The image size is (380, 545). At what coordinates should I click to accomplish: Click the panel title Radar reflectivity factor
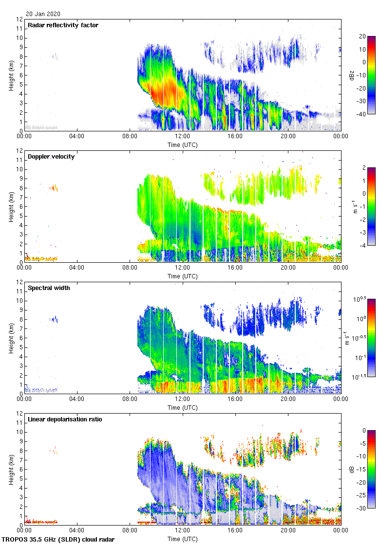pyautogui.click(x=63, y=25)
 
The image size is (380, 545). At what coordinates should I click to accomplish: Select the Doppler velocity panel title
pyautogui.click(x=51, y=157)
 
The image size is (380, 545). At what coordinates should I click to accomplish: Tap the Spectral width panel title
pyautogui.click(x=49, y=288)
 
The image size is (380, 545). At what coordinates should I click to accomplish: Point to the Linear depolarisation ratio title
pyautogui.click(x=65, y=419)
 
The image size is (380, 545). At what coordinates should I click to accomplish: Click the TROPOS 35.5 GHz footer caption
pyautogui.click(x=58, y=540)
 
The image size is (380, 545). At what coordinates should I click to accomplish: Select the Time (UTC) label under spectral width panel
pyautogui.click(x=182, y=407)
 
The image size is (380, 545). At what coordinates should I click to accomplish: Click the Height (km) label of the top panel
pyautogui.click(x=11, y=75)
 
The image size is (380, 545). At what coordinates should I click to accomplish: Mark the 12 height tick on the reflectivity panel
pyautogui.click(x=19, y=19)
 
